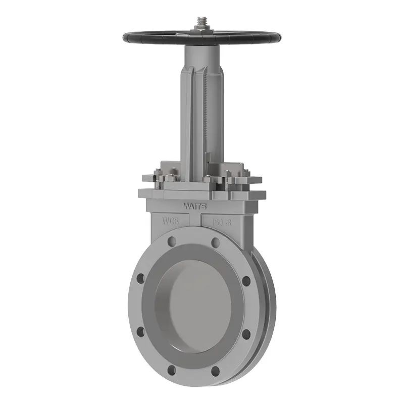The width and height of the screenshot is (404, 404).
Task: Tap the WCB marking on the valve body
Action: (171, 220)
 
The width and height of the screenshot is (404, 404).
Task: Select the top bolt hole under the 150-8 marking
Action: (216, 241)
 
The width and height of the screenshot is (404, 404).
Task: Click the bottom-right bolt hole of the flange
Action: (216, 371)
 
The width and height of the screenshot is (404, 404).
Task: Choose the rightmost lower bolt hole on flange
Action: (246, 335)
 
